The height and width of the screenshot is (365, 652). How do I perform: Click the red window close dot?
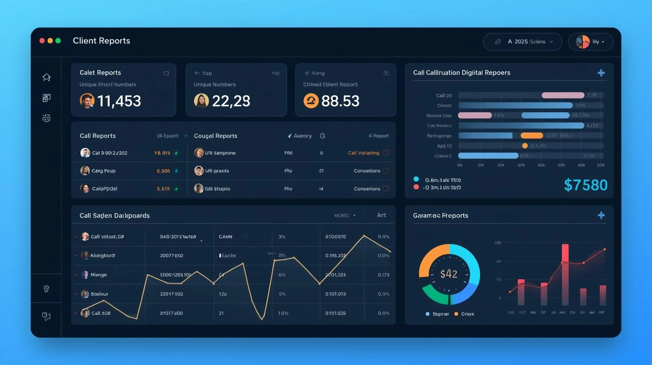pos(42,41)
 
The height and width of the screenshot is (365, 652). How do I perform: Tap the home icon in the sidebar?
pos(46,77)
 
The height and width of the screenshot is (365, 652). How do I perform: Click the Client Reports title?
pos(101,41)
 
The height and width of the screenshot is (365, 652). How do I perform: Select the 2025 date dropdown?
pos(522,42)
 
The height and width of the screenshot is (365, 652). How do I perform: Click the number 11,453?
pos(119,101)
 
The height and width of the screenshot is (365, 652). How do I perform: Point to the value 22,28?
pos(231,101)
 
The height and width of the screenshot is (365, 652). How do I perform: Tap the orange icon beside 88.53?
pos(311,101)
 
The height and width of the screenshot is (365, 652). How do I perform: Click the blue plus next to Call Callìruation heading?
pos(601,73)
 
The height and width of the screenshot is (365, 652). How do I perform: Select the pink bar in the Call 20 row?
pos(563,95)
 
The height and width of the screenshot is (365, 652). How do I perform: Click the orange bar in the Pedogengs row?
pos(532,136)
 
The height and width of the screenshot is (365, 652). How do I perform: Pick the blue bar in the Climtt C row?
pos(488,156)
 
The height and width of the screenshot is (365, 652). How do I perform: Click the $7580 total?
pos(586,185)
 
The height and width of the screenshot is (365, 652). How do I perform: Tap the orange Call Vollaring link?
pos(363,153)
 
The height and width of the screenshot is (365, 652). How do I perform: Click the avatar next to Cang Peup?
pos(85,171)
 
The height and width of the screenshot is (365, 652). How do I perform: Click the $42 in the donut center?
pos(449,274)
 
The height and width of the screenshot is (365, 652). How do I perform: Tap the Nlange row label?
pos(99,275)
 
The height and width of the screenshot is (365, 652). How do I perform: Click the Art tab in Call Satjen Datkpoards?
pos(381,215)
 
